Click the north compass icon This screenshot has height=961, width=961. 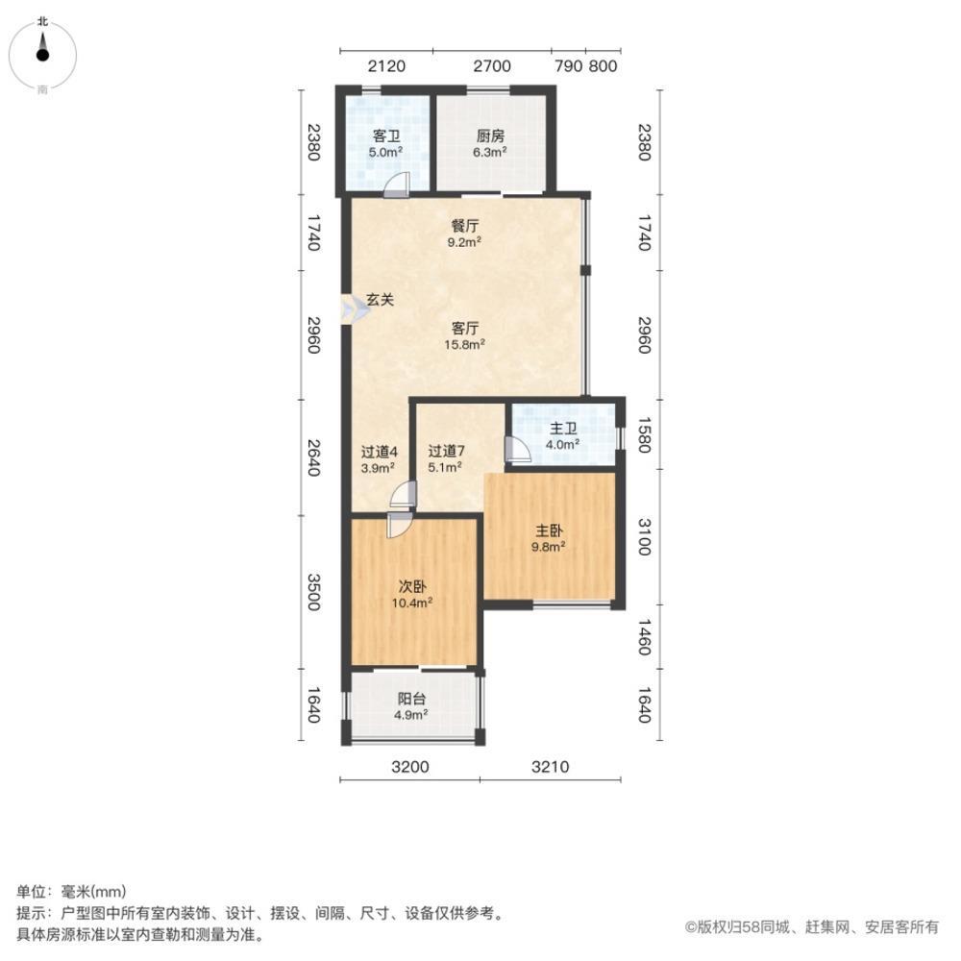click(x=42, y=53)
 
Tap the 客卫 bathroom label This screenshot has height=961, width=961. click(x=386, y=136)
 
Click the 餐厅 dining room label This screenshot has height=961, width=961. click(x=465, y=227)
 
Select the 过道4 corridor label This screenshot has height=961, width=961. click(x=380, y=451)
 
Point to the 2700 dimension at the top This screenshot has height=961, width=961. click(x=491, y=66)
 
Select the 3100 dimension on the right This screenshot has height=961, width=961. click(x=644, y=535)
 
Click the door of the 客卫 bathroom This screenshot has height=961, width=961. click(x=398, y=185)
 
